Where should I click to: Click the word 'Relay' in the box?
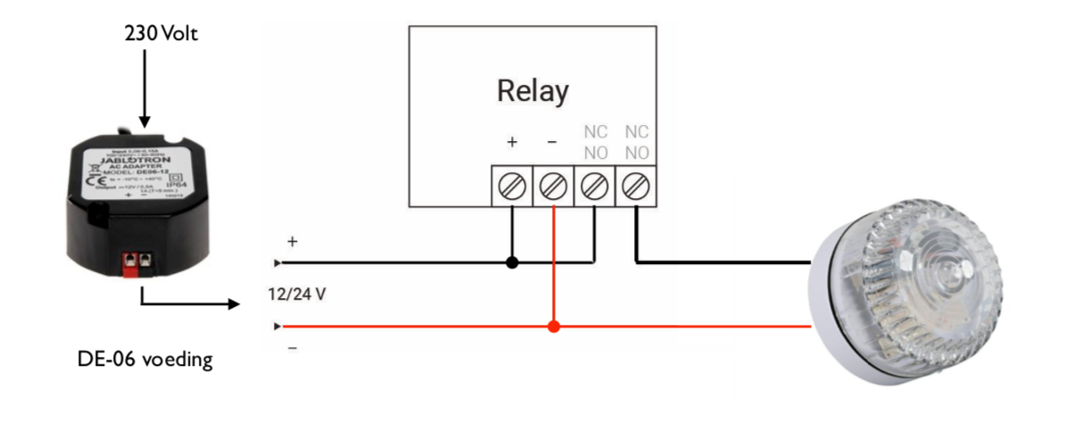pos(532,90)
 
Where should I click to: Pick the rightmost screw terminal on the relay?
pos(636,187)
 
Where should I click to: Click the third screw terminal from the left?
pos(595,187)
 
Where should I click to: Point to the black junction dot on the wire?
pos(512,263)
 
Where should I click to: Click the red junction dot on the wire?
pos(554,327)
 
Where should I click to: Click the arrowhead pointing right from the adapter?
pos(235,304)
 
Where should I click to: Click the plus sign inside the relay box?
pos(512,142)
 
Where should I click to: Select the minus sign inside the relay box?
pos(553,142)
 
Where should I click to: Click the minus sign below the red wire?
pos(292,347)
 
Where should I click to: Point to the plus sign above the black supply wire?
pos(292,242)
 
